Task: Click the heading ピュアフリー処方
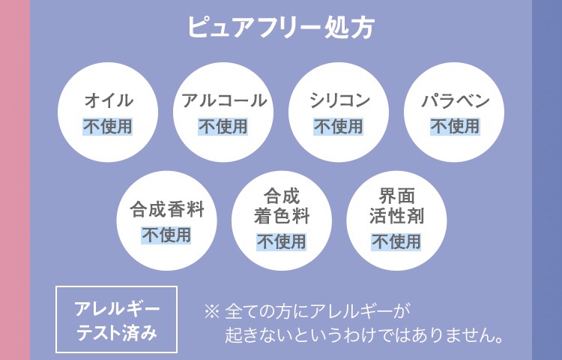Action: (x=280, y=28)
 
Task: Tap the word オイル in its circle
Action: (x=108, y=100)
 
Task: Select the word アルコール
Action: (x=223, y=100)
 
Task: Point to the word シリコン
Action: (x=339, y=100)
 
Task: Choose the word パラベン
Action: (x=454, y=100)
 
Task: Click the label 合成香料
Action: (x=166, y=208)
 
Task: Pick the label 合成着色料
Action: (x=281, y=207)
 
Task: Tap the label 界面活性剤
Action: (x=396, y=207)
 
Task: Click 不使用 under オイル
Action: (x=108, y=126)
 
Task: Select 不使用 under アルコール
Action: (x=223, y=126)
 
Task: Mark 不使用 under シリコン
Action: (x=339, y=126)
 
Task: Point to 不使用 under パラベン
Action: (x=454, y=126)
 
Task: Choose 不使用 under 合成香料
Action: (x=166, y=235)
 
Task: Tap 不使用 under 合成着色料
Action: (x=281, y=241)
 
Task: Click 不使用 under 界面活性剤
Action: (x=396, y=241)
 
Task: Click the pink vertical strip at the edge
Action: (x=14, y=180)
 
